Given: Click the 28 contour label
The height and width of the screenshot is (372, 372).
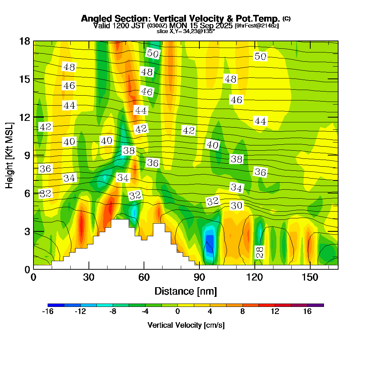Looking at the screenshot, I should click(260, 253).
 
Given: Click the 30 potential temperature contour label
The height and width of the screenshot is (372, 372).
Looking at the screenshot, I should click(237, 205).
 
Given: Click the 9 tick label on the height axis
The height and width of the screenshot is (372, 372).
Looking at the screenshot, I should click(27, 155).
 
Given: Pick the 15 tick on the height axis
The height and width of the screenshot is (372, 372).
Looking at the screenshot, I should click(25, 79).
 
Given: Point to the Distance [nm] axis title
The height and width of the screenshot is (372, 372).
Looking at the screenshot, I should click(186, 291).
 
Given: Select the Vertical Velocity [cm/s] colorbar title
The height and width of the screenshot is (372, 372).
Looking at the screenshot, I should click(186, 325).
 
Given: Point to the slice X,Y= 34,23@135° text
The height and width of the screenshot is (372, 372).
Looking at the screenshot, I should click(186, 31).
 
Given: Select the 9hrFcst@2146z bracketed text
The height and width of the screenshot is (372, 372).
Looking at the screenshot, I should click(257, 26).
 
